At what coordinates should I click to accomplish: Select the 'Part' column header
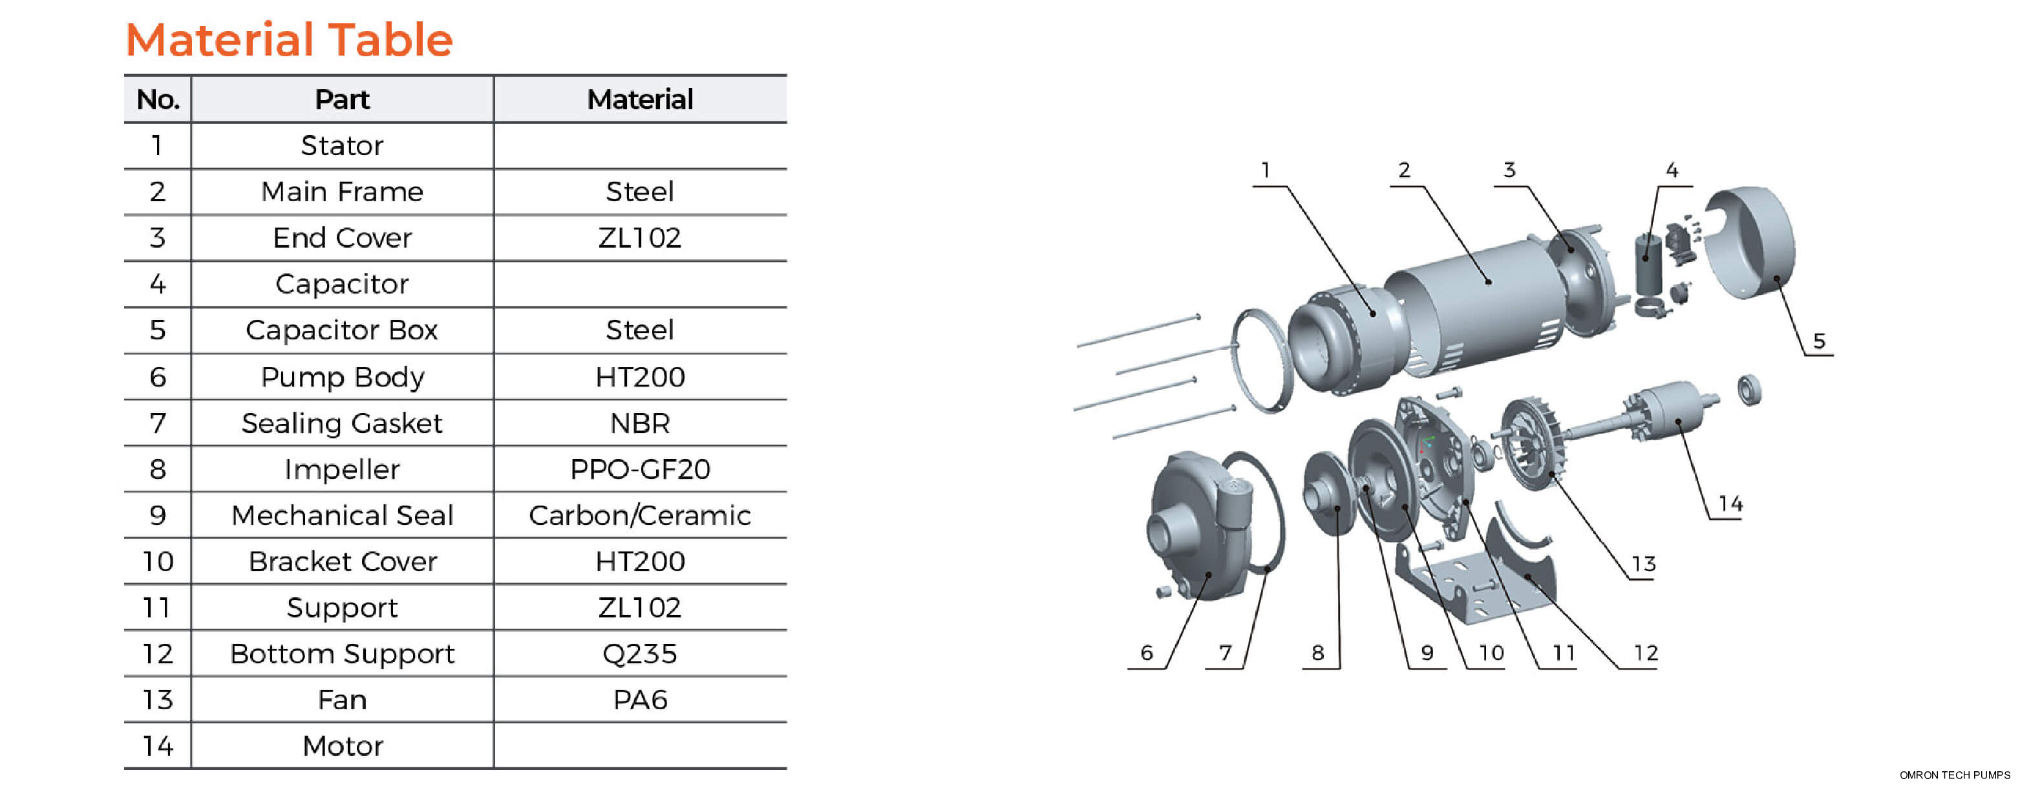pyautogui.click(x=342, y=100)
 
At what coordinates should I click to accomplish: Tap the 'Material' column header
pyautogui.click(x=640, y=100)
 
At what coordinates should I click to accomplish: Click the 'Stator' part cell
pyautogui.click(x=342, y=146)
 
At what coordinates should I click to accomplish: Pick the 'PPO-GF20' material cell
pyautogui.click(x=640, y=469)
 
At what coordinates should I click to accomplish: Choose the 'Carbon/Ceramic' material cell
pyautogui.click(x=640, y=515)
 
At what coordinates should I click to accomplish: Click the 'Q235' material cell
pyautogui.click(x=640, y=654)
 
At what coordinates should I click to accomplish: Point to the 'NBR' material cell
pyautogui.click(x=640, y=423)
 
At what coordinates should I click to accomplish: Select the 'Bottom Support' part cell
pyautogui.click(x=342, y=654)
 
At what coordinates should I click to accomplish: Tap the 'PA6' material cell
pyautogui.click(x=640, y=699)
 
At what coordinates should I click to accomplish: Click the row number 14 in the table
pyautogui.click(x=158, y=745)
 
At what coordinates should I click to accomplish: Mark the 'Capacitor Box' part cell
pyautogui.click(x=342, y=330)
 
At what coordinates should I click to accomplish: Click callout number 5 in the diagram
pyautogui.click(x=1818, y=341)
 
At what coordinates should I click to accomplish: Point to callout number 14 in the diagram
pyautogui.click(x=1730, y=504)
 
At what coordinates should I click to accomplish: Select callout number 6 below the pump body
pyautogui.click(x=1147, y=653)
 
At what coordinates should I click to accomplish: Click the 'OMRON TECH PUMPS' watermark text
pyautogui.click(x=1954, y=775)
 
